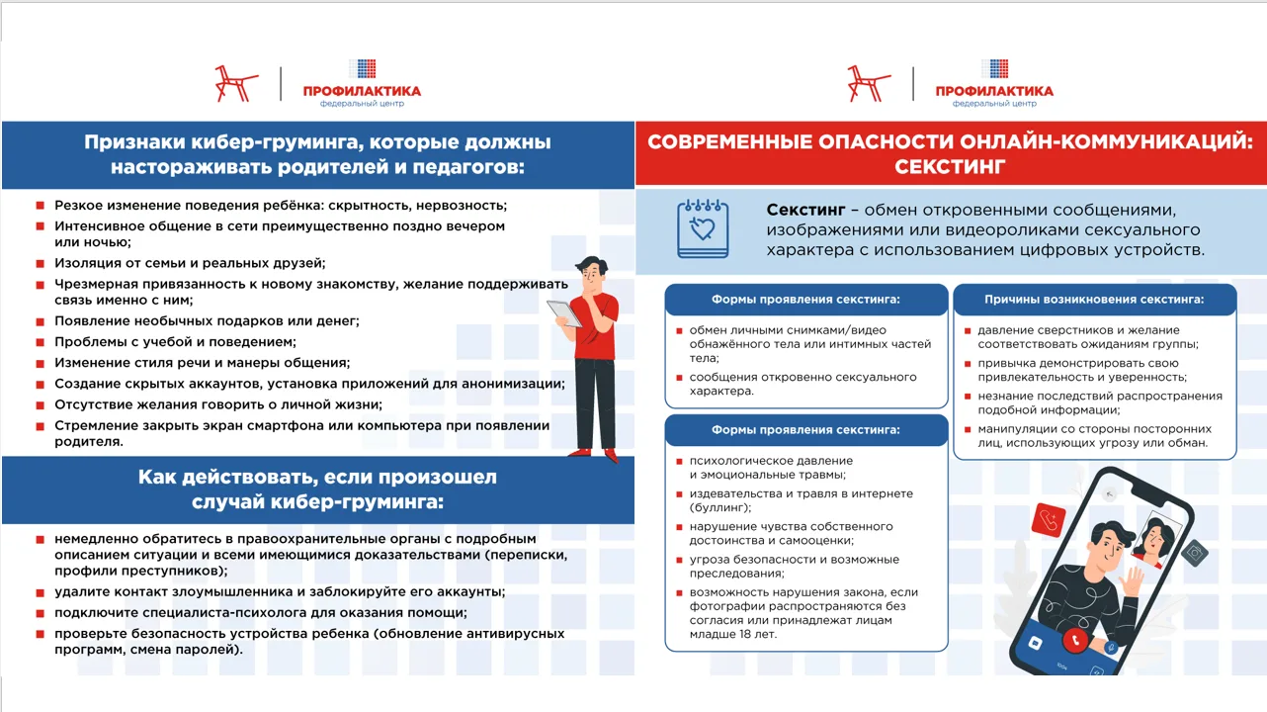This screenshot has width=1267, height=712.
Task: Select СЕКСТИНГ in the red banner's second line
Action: click(x=950, y=166)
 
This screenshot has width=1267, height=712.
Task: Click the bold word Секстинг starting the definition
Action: click(x=805, y=211)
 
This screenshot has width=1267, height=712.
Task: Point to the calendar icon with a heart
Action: click(x=703, y=228)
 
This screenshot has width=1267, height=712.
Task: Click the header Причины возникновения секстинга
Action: click(x=1094, y=299)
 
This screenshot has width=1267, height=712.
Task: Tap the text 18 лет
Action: click(x=758, y=634)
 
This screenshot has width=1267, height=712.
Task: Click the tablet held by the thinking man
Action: click(x=565, y=314)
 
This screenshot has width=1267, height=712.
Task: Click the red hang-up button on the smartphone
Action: click(x=1073, y=639)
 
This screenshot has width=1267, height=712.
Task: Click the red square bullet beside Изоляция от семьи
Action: click(x=41, y=263)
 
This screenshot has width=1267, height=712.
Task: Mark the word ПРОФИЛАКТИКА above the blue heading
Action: click(x=362, y=91)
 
